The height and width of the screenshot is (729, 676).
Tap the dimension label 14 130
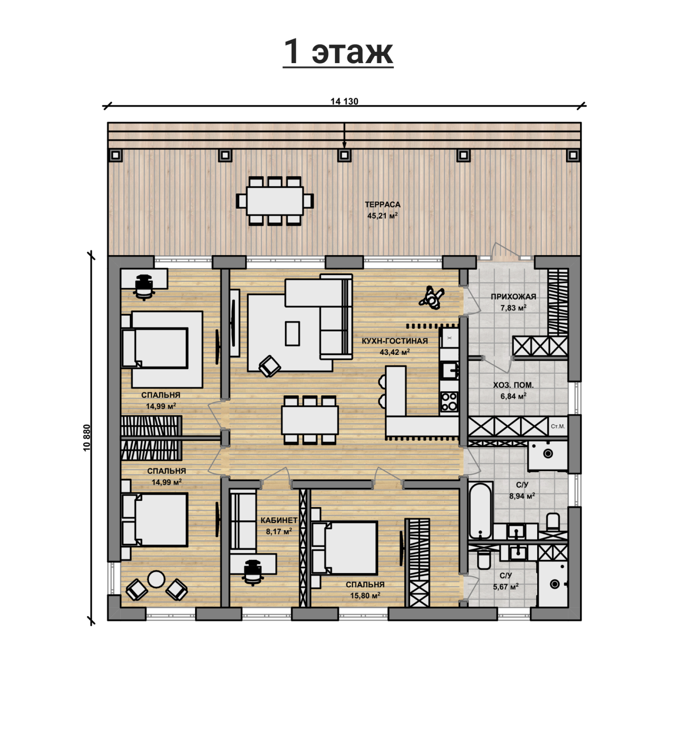(344, 102)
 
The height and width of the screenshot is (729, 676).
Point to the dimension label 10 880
(87, 438)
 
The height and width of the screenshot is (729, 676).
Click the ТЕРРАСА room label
(382, 205)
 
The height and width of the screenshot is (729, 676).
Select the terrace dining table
(275, 201)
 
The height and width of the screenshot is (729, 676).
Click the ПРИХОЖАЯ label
(513, 296)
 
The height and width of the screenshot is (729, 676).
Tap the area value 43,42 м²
(394, 352)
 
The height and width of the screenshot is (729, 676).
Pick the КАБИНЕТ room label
(279, 520)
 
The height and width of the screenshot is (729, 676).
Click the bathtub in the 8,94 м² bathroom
(481, 510)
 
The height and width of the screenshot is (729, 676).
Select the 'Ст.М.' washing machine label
(558, 427)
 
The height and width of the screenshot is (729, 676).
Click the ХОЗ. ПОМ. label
(513, 385)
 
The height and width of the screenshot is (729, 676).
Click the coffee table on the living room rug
(292, 333)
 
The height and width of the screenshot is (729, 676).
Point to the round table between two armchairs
(156, 579)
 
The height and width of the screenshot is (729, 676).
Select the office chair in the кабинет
(253, 571)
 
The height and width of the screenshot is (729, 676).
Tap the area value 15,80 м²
(365, 596)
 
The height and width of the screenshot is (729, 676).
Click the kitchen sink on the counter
(449, 371)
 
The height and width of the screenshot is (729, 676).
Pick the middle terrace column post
(344, 155)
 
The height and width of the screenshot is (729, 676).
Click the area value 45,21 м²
(382, 216)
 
